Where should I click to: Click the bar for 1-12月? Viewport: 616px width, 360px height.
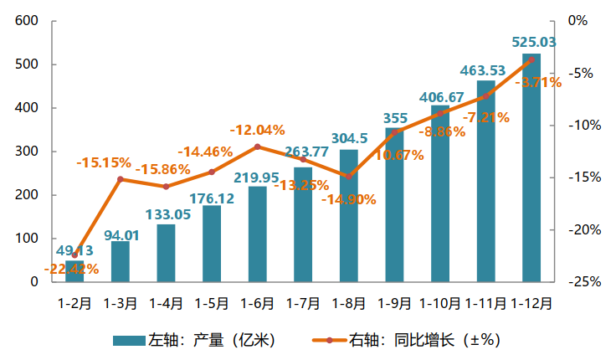point(531,167)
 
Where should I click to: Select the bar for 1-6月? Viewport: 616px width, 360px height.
point(258,234)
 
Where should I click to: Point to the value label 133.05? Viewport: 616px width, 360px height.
point(167,213)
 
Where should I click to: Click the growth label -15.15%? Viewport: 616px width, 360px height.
point(104,162)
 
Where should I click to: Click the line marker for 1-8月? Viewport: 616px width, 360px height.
point(349,176)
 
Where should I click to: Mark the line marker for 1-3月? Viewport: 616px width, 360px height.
point(121,178)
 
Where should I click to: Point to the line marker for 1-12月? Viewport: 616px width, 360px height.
point(531,59)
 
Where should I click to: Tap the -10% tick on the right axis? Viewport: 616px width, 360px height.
point(579,126)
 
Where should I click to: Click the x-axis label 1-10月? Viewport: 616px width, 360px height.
point(439,302)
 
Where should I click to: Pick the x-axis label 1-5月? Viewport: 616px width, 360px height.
point(212,302)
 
